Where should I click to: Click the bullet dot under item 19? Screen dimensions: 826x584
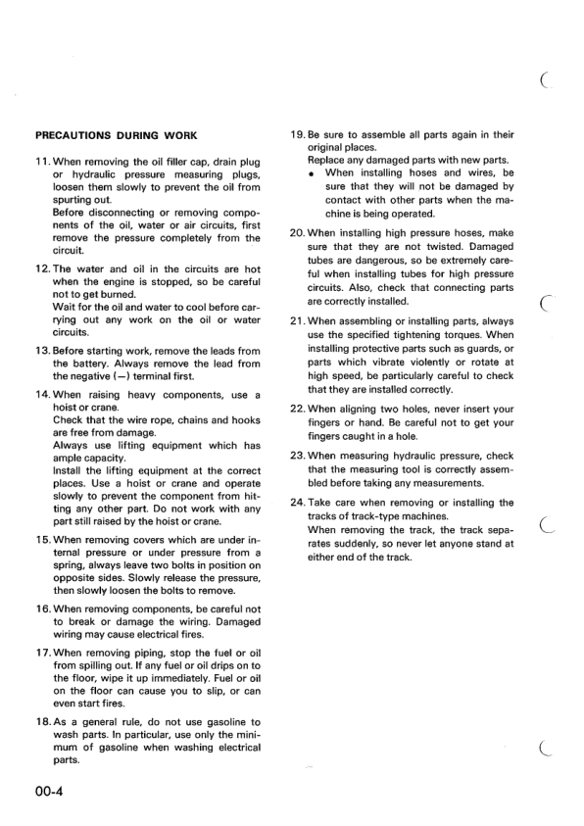pyautogui.click(x=311, y=172)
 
